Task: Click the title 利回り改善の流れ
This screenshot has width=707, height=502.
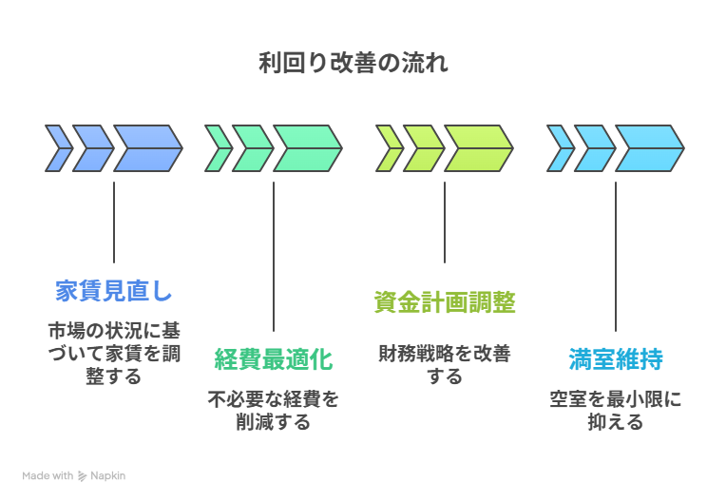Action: (353, 64)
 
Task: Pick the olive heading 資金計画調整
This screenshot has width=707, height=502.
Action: (445, 302)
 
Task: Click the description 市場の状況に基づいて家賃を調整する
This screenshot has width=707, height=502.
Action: (114, 354)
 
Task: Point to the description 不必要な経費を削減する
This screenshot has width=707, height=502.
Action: (274, 411)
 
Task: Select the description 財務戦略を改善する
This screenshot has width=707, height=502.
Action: (445, 365)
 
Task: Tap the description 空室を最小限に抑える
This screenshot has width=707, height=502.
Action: (616, 411)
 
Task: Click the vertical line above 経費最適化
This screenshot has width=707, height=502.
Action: (274, 256)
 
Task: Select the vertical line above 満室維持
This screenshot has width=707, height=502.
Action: (616, 256)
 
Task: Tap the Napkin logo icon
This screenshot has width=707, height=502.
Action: (84, 475)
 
